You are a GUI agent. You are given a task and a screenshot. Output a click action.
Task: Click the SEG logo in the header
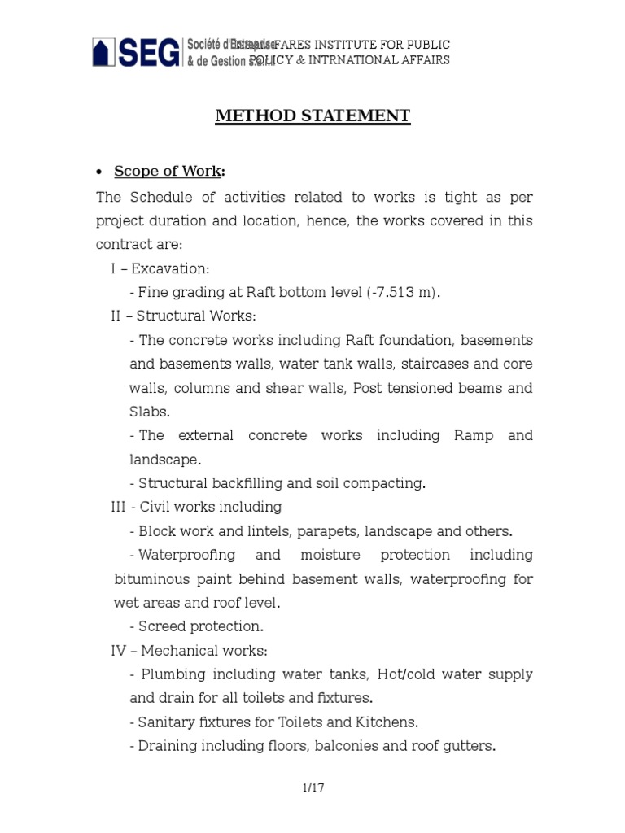[136, 53]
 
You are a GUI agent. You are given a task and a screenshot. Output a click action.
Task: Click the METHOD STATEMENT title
[312, 116]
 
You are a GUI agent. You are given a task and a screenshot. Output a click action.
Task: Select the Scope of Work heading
[169, 171]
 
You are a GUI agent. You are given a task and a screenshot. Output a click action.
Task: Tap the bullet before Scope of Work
[98, 172]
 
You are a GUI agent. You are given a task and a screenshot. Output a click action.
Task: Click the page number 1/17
[312, 787]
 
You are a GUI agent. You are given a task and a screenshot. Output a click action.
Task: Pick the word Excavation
[170, 268]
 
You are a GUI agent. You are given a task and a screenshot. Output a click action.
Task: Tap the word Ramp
[473, 435]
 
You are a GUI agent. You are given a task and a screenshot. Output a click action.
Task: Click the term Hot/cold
[412, 674]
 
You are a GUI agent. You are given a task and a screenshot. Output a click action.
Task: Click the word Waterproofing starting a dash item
[187, 555]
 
